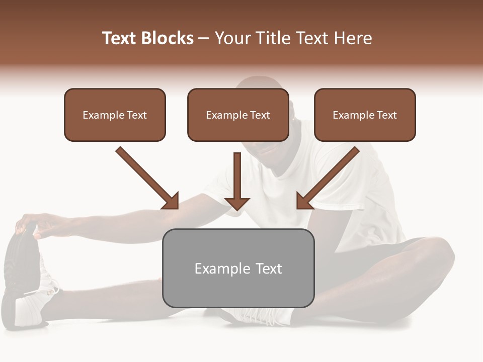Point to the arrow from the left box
(x=147, y=178)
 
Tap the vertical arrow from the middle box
(x=237, y=181)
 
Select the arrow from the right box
(x=328, y=178)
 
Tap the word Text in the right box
(x=387, y=115)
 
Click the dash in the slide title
(x=204, y=38)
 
